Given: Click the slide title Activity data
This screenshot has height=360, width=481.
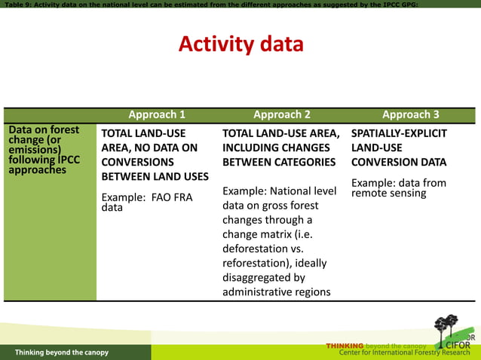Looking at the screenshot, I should click(x=240, y=44).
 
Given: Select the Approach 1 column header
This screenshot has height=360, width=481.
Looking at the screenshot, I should click(x=157, y=114).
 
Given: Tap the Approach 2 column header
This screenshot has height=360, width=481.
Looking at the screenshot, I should click(x=281, y=114).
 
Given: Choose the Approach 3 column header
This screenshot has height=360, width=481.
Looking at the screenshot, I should click(x=410, y=114).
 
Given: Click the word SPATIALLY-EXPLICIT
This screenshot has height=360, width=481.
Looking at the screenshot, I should click(x=399, y=133).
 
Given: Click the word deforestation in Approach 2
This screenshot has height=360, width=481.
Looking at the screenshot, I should click(x=256, y=249).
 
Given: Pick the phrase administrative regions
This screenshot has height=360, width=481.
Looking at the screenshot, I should click(x=276, y=291).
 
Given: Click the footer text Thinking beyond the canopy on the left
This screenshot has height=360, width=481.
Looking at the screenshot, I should click(x=62, y=352).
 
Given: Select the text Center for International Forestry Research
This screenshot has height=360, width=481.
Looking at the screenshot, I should click(x=405, y=353).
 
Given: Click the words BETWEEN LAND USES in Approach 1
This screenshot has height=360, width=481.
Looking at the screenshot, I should click(x=155, y=176).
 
